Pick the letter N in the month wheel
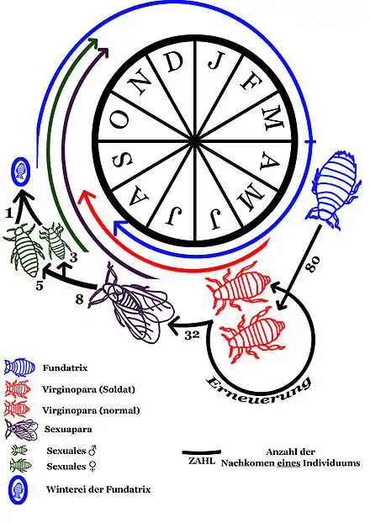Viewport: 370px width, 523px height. (141, 84)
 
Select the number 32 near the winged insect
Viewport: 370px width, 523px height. (192, 334)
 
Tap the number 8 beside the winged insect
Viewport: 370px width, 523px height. (79, 299)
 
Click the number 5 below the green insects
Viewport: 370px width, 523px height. (40, 285)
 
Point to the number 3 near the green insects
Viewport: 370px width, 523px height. (73, 257)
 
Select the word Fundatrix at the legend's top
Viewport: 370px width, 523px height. (65, 367)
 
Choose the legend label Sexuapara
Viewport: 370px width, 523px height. (68, 429)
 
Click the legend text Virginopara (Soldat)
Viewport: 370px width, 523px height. (89, 389)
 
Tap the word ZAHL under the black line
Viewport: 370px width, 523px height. (202, 461)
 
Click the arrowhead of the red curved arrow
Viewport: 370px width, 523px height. (84, 198)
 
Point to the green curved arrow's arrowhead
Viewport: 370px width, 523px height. (95, 42)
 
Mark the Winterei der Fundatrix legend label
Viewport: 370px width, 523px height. (98, 489)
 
